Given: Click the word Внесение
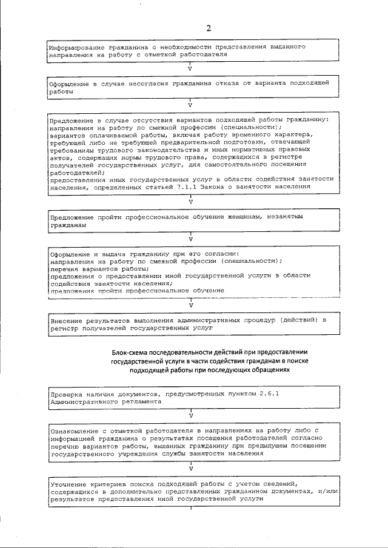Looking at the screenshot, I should click(x=68, y=319).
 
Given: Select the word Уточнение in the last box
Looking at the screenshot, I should click(x=70, y=484).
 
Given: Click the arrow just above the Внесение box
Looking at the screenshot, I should click(x=191, y=305).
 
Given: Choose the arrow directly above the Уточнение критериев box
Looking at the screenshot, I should click(x=191, y=469).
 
